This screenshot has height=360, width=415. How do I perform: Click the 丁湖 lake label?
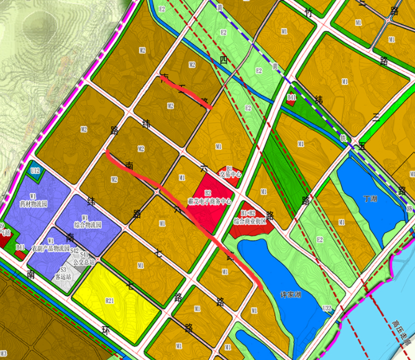click(370, 199)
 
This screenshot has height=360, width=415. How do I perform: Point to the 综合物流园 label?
click(88, 224)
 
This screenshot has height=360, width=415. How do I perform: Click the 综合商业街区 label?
click(249, 220)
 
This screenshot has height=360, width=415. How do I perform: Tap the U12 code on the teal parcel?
click(35, 170)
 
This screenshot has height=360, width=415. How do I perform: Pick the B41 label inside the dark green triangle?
click(292, 97)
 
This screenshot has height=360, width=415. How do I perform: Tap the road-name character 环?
click(106, 331)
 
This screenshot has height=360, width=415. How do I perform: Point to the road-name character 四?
click(223, 60)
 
